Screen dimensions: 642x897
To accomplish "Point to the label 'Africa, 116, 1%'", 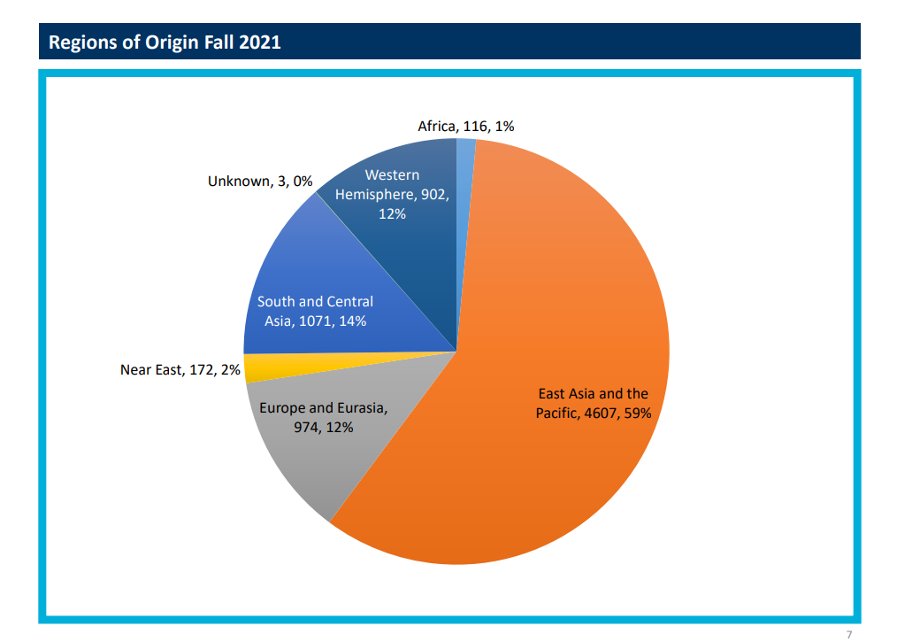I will tap(465, 127).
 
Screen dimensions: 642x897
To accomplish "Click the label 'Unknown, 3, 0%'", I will tap(260, 182).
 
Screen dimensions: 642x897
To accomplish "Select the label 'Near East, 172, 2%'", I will tap(180, 369).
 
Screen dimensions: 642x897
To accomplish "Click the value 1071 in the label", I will tap(316, 321).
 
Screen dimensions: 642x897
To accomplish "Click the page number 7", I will tap(848, 634).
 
